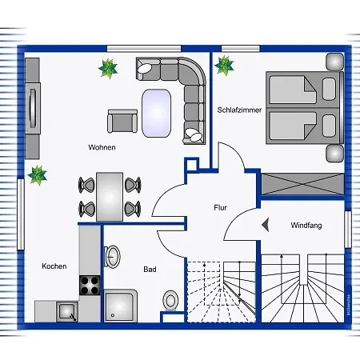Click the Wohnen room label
click(x=102, y=147)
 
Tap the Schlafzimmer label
click(x=239, y=110)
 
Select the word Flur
click(x=220, y=207)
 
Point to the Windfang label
click(x=306, y=226)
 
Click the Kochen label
click(x=54, y=266)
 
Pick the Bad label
click(x=150, y=270)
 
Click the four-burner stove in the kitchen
click(x=90, y=285)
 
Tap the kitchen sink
click(x=67, y=311)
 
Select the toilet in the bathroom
click(x=170, y=301)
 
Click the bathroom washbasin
click(x=112, y=256)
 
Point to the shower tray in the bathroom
click(x=121, y=306)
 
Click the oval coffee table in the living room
click(x=156, y=113)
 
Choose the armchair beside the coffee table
click(x=122, y=121)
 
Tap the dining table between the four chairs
click(x=110, y=197)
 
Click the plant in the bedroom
click(x=224, y=66)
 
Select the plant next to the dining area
click(x=38, y=175)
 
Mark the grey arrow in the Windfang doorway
click(x=266, y=225)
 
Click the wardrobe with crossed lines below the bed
click(x=302, y=184)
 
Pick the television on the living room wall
click(x=33, y=108)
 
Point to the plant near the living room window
click(x=108, y=69)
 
